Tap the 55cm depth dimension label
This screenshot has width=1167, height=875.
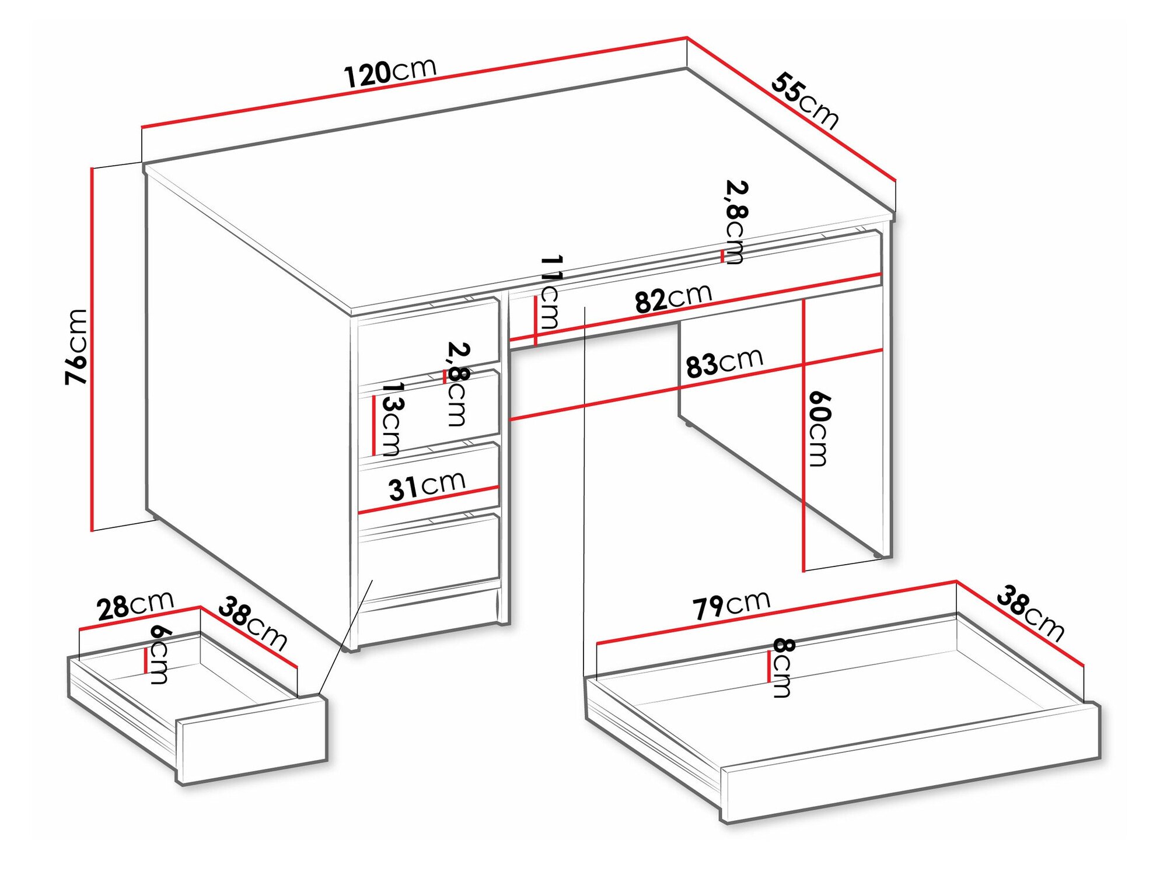pyautogui.click(x=805, y=100)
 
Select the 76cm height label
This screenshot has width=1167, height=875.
pyautogui.click(x=76, y=346)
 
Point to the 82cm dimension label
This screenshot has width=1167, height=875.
pyautogui.click(x=673, y=298)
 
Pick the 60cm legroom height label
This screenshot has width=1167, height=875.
pyautogui.click(x=819, y=429)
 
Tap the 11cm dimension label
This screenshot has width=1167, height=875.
pyautogui.click(x=549, y=292)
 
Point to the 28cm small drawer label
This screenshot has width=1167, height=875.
pyautogui.click(x=135, y=605)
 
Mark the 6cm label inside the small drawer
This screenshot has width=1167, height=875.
pyautogui.click(x=159, y=654)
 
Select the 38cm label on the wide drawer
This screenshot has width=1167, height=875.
pyautogui.click(x=1030, y=613)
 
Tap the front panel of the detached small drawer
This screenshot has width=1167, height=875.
pyautogui.click(x=251, y=740)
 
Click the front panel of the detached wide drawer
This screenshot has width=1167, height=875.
pyautogui.click(x=910, y=764)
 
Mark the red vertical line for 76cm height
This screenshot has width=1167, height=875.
pyautogui.click(x=92, y=349)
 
